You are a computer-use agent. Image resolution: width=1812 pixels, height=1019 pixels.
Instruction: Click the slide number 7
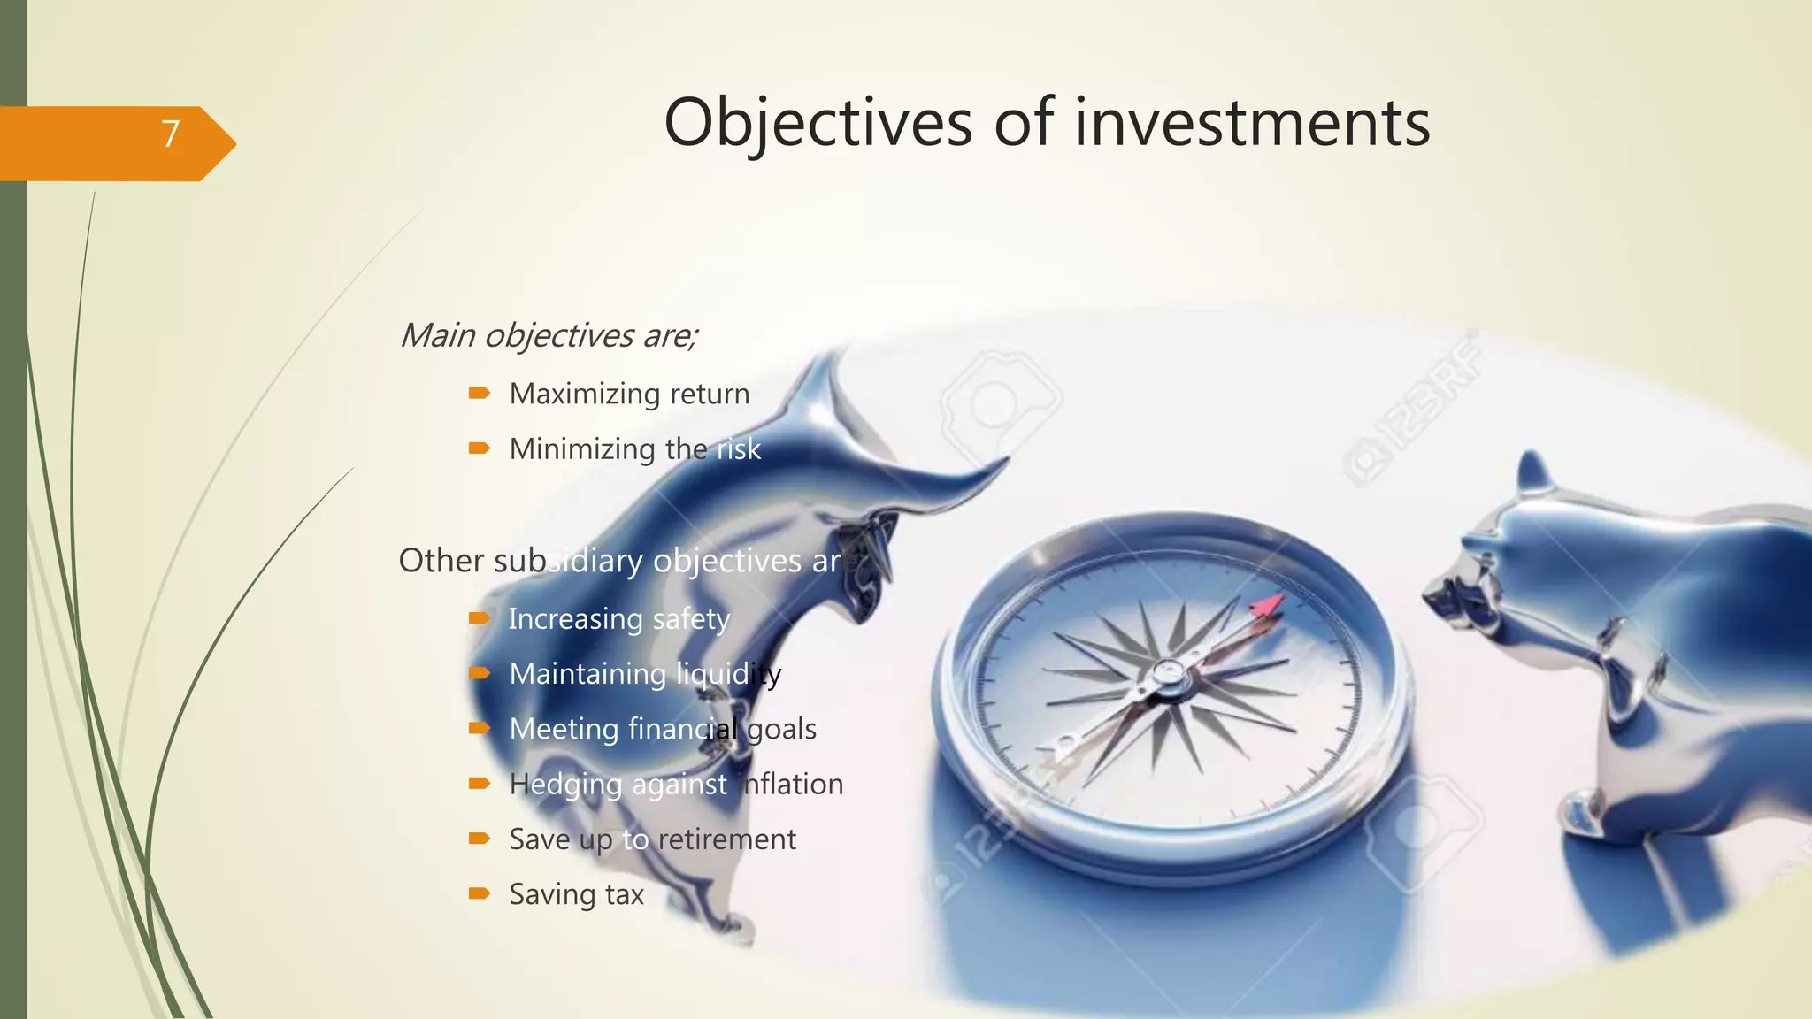(171, 134)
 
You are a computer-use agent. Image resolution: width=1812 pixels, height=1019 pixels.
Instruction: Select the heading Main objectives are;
(549, 336)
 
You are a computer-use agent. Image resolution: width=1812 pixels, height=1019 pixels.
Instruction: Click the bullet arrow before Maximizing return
(480, 393)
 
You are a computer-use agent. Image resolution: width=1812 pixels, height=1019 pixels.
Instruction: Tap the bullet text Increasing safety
(619, 619)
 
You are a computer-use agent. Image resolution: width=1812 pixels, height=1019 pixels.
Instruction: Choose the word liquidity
(729, 675)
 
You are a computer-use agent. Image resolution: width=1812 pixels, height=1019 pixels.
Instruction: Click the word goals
(781, 730)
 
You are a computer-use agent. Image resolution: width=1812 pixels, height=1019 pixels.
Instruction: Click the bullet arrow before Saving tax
(480, 893)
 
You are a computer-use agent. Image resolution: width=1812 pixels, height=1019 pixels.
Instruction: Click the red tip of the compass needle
(1269, 606)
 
